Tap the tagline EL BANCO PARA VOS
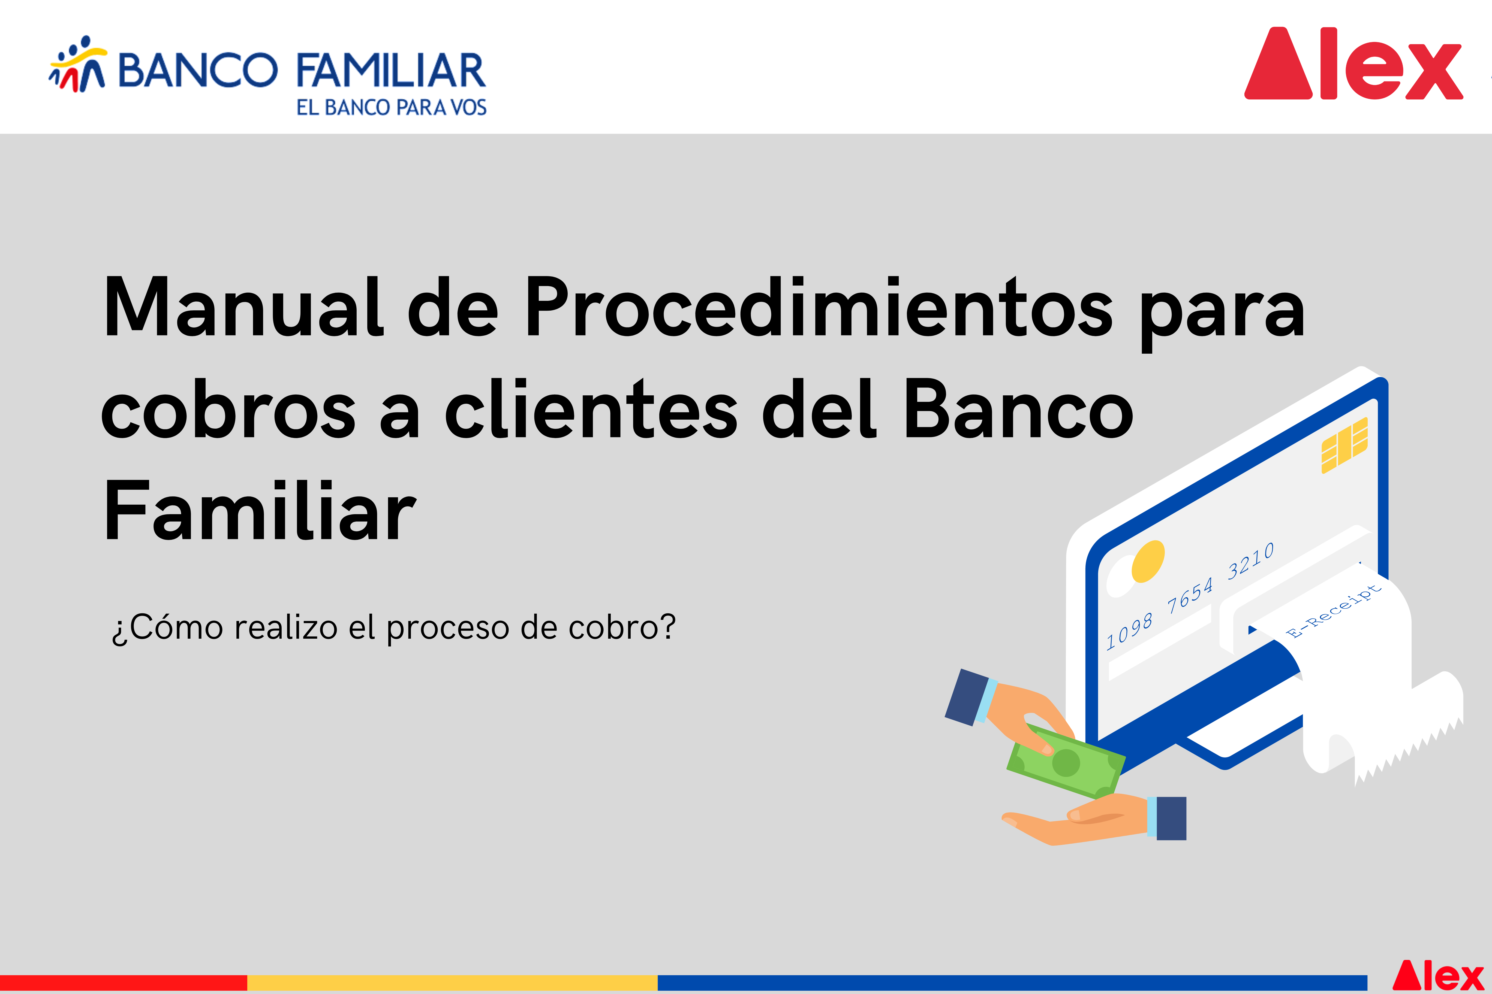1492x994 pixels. pos(391,107)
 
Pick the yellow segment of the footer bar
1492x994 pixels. pos(452,983)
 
